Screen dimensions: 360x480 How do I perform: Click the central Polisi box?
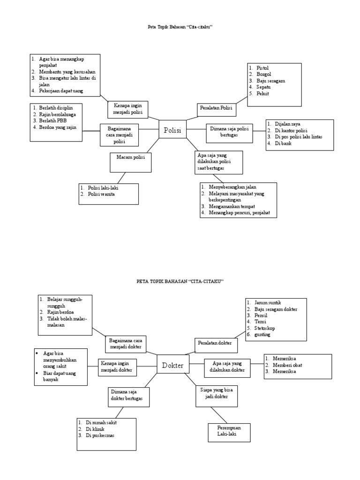172,129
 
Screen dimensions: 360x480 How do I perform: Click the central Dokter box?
172,364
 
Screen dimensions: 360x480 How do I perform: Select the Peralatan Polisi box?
216,110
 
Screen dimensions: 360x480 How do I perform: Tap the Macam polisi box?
131,163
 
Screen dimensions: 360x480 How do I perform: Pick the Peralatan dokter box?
216,345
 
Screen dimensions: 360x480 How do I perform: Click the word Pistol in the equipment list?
262,68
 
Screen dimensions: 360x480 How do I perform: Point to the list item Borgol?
263,75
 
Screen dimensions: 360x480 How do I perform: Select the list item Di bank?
283,143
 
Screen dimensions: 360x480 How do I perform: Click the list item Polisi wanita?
101,194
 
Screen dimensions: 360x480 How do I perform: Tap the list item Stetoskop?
264,328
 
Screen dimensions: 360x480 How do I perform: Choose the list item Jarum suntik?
268,302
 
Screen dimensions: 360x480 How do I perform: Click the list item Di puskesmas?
100,435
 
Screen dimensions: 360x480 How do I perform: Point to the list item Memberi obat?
287,365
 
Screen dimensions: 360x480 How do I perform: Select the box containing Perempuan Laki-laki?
229,433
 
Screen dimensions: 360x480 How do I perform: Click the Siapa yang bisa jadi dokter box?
217,396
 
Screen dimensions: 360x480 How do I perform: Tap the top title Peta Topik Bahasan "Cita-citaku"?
180,27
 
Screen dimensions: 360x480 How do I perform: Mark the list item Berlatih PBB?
52,120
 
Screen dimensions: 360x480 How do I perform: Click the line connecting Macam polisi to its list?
121,178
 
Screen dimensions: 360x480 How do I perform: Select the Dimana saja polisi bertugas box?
229,133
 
